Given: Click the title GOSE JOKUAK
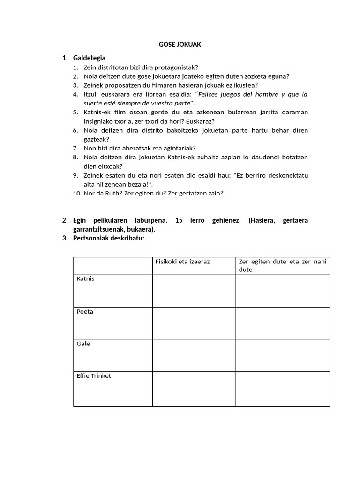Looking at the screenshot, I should (180, 45).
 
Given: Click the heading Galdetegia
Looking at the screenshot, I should (89, 58).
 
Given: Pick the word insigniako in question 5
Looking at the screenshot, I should (98, 121).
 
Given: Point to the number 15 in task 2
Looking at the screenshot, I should (178, 220).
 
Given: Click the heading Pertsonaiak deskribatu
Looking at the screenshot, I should (109, 238).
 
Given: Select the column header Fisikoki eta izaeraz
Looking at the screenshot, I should (182, 261).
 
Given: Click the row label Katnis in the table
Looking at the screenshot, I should (85, 279).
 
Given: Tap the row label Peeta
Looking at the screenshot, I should (85, 312).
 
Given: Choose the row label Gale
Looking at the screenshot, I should (83, 344).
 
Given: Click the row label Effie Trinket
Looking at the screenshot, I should (94, 376).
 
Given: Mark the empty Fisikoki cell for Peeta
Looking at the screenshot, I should (194, 323).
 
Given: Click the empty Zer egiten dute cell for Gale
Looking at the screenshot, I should (283, 355).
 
